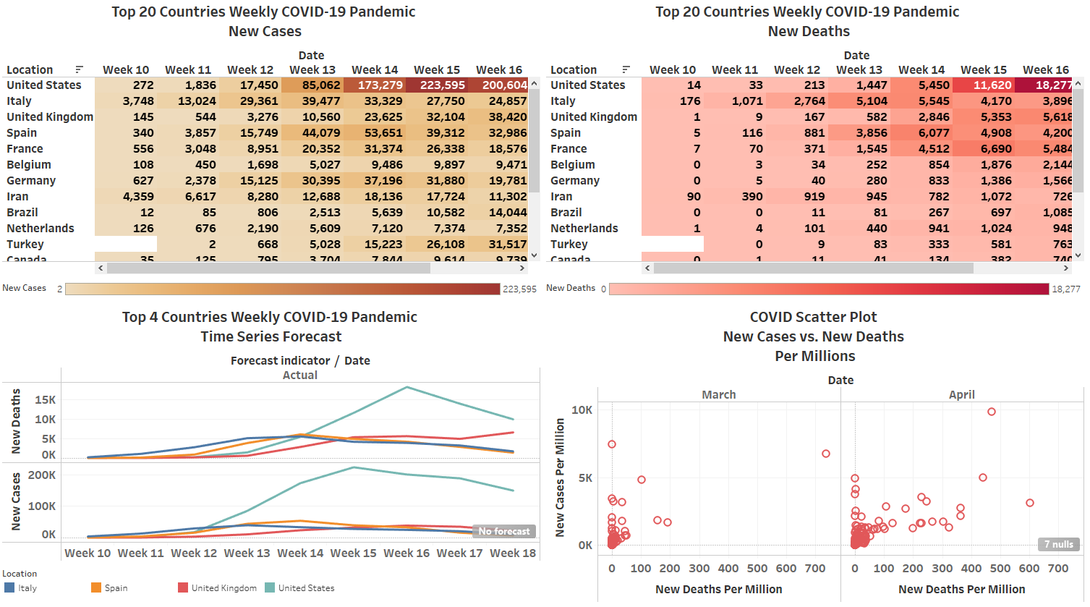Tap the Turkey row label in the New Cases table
[25, 245]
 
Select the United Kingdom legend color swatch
[183, 588]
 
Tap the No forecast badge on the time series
[503, 532]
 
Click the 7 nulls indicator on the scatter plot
[1058, 545]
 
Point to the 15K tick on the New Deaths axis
[45, 400]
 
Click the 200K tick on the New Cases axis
[42, 475]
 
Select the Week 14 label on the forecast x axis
[300, 553]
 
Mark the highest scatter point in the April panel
[992, 412]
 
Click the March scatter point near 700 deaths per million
[826, 454]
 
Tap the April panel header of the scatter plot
[961, 395]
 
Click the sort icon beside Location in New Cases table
[79, 70]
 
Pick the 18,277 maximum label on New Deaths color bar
[1066, 289]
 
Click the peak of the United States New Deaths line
[407, 387]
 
